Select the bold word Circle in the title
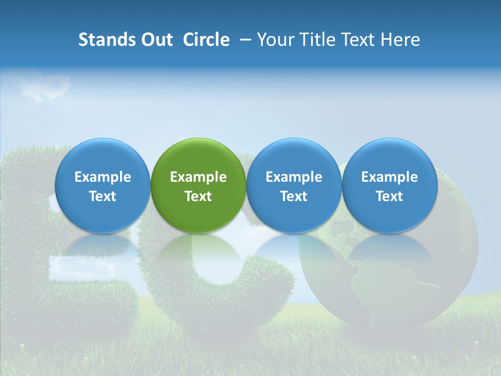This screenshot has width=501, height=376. tap(206, 40)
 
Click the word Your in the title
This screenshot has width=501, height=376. tap(274, 40)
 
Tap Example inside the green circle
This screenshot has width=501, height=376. tap(198, 177)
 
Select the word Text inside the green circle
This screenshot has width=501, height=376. tap(198, 196)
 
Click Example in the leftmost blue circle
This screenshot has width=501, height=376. tap(103, 177)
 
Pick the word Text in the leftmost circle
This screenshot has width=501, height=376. tap(103, 196)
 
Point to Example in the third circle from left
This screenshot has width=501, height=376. tap(294, 177)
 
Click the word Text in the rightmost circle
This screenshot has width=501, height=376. tap(389, 196)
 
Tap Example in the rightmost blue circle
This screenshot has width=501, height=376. tap(389, 177)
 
